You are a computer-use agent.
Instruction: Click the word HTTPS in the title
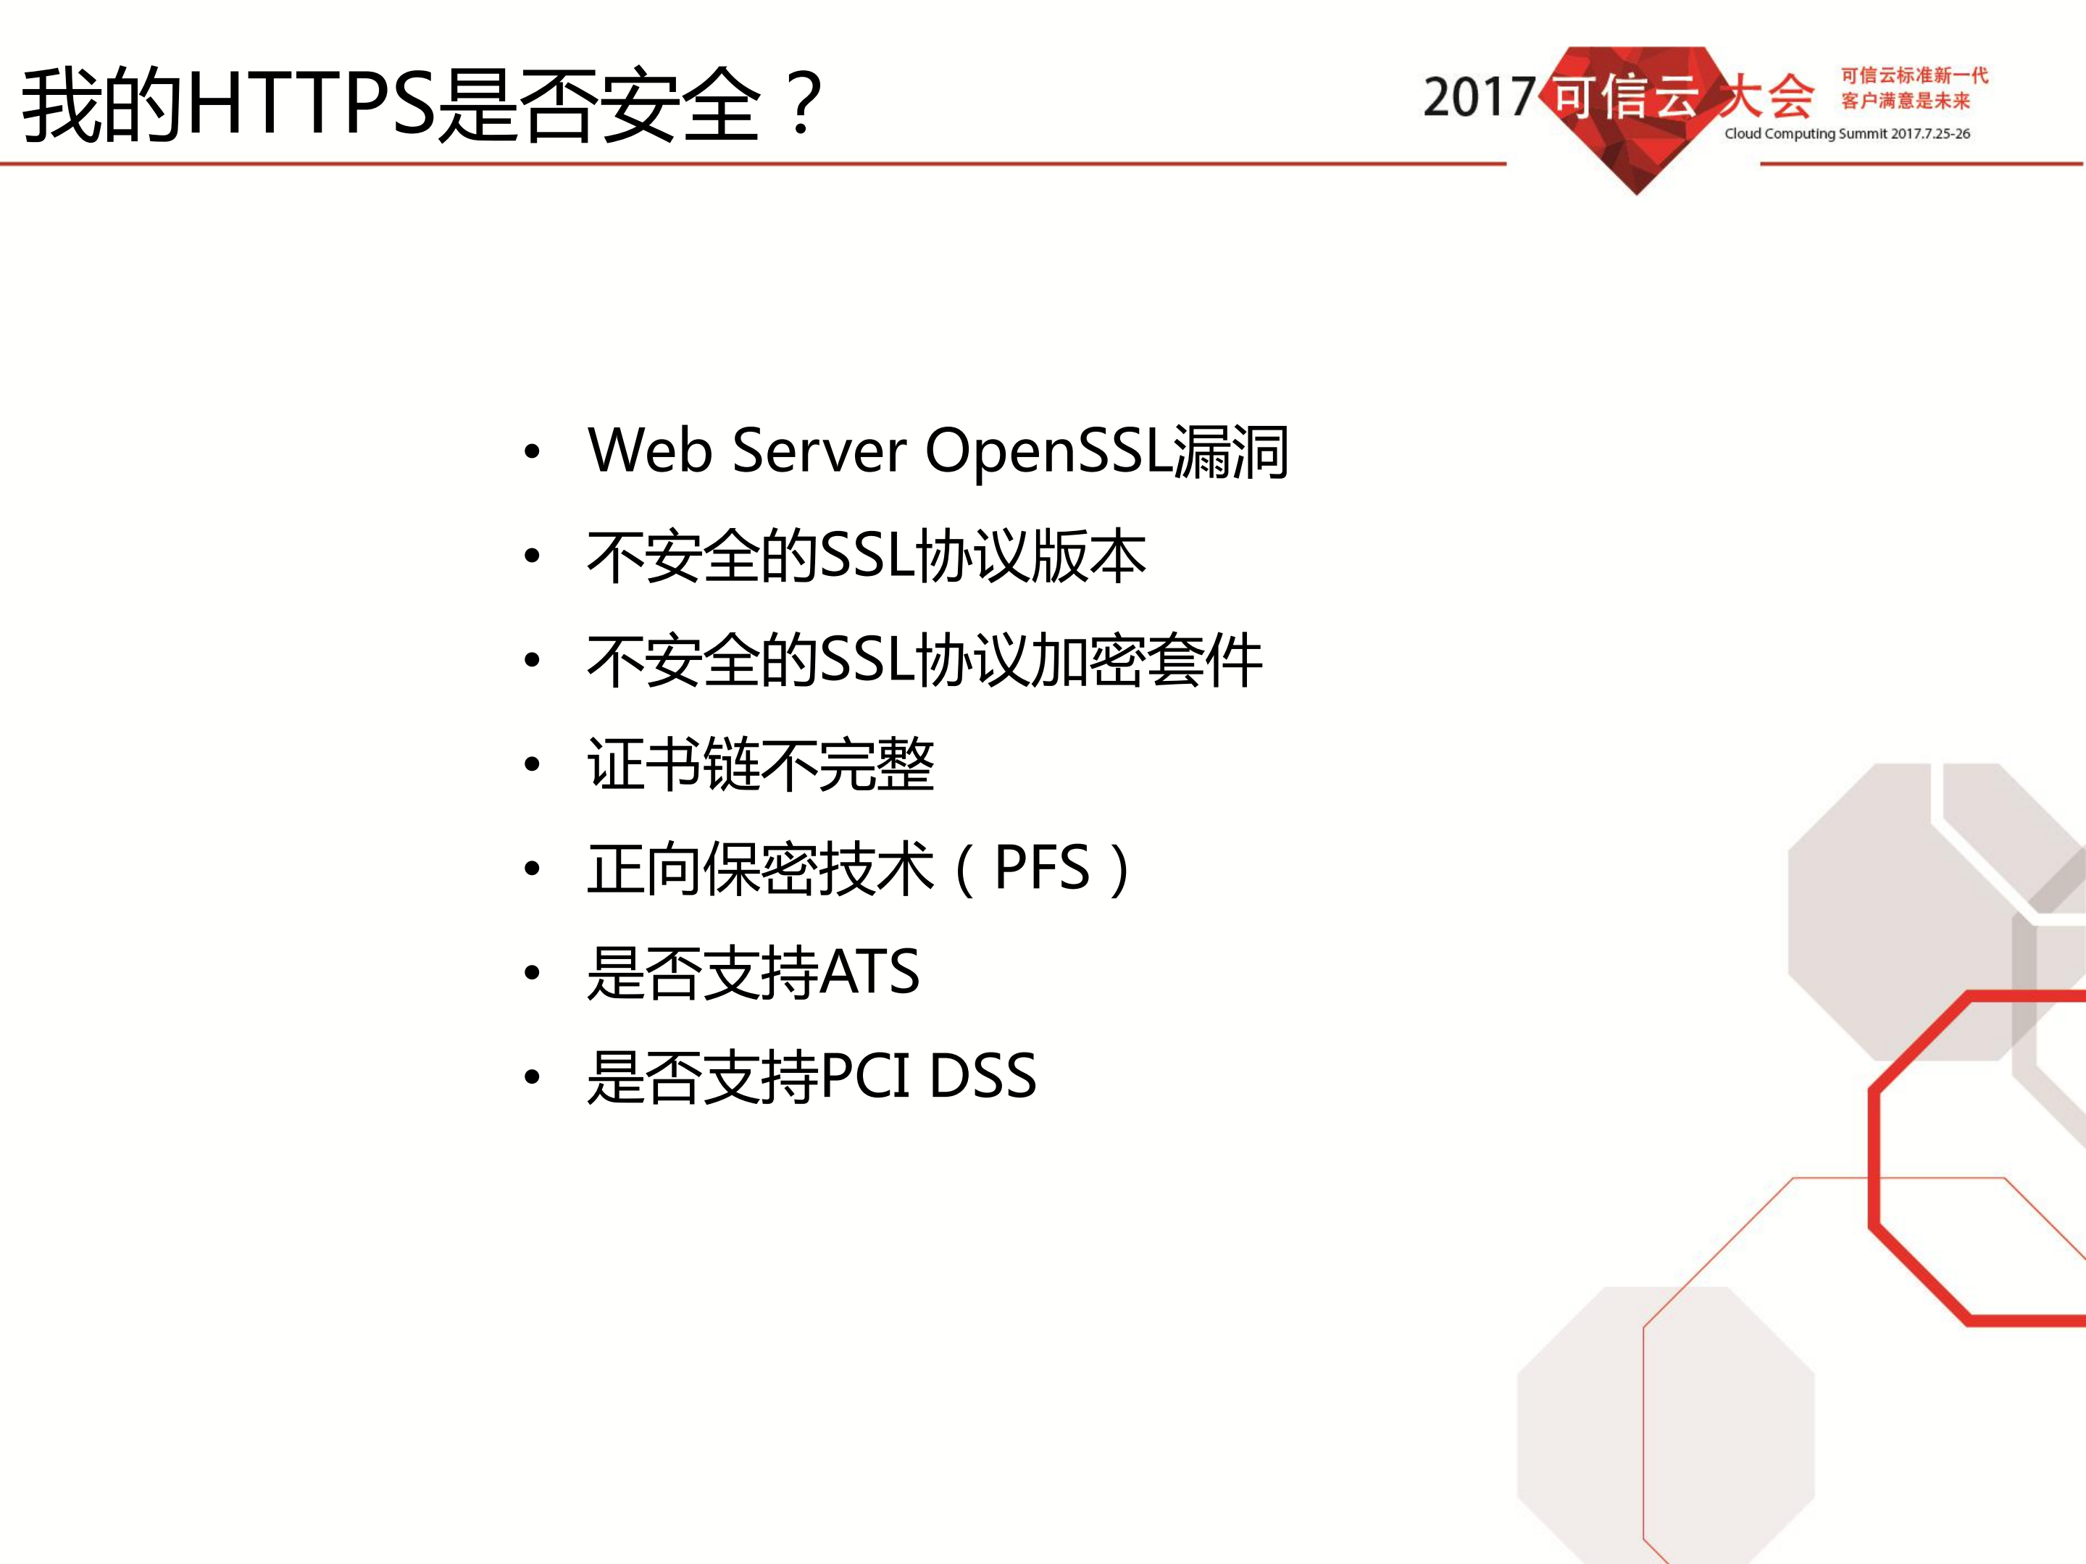pos(312,104)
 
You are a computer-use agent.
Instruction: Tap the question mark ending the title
pos(803,104)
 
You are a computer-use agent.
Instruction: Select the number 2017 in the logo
pos(1479,98)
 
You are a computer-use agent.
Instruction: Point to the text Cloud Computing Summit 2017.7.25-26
pos(1846,134)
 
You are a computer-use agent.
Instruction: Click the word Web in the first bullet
pos(648,451)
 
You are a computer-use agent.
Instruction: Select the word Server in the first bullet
pos(819,451)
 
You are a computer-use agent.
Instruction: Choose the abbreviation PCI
pos(866,1076)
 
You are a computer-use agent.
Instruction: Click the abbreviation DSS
pos(982,1076)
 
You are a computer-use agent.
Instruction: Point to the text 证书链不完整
pos(760,764)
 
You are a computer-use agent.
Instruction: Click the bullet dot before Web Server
pos(532,453)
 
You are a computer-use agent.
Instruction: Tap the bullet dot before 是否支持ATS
pos(532,974)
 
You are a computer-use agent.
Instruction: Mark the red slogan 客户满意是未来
pos(1905,101)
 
